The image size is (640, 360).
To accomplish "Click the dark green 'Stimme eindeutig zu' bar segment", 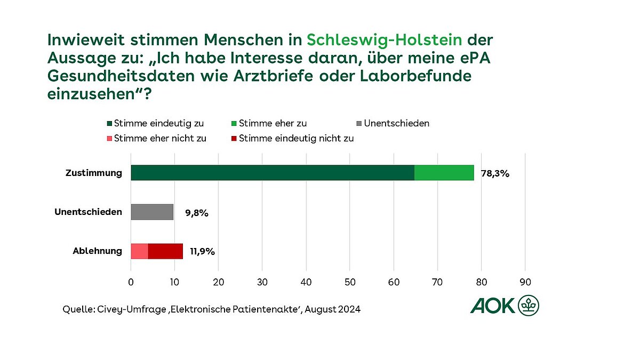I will coord(272,173).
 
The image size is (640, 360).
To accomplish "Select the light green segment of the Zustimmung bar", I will coord(444,173).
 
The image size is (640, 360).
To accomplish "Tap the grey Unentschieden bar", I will coord(152,212).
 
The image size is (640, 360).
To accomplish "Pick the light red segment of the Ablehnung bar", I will coord(139,251).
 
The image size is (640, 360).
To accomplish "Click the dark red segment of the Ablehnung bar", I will coord(165,251).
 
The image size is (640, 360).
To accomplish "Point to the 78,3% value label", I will coord(495,173).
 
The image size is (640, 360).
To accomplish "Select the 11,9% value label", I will coord(202,252).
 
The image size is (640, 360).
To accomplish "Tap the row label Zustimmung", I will coord(94,173).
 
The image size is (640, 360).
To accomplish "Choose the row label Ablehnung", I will coord(97,251).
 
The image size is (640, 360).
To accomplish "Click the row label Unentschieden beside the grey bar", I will coord(88,212).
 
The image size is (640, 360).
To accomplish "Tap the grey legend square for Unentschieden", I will coord(359,124).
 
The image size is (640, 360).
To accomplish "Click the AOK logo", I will coord(505,305).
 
